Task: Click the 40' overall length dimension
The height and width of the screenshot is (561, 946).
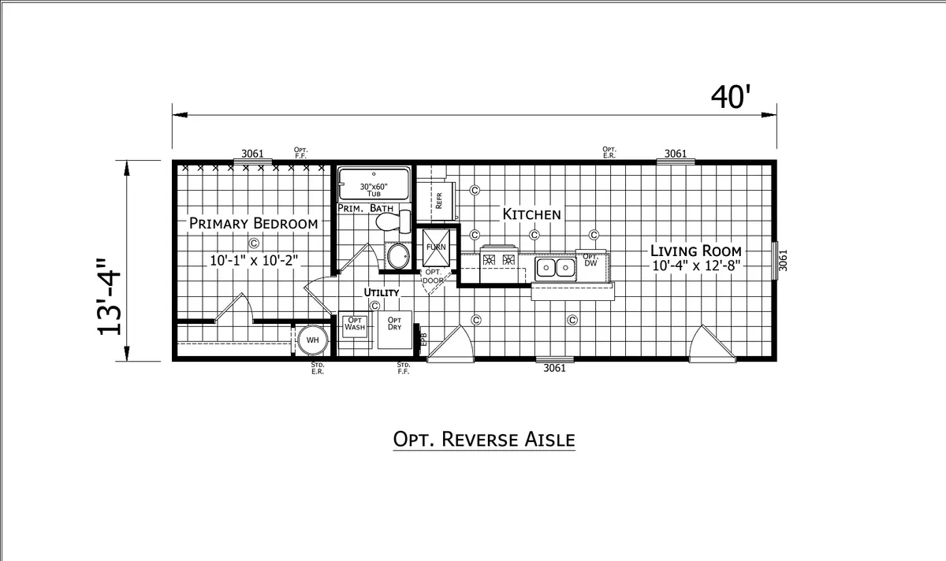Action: coord(731,97)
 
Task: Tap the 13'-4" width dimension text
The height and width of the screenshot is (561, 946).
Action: coord(109,297)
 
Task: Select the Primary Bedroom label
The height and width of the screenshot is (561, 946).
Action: coord(253,223)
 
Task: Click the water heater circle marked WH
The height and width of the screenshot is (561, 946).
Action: coord(312,340)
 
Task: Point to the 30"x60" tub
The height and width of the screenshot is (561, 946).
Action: coord(374,184)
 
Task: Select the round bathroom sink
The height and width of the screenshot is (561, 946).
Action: coord(398,256)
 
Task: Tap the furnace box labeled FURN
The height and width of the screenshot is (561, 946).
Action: coord(436,247)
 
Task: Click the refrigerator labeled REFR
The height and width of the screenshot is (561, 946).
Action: coord(436,201)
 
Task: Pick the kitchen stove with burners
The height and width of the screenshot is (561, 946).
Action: coord(499,263)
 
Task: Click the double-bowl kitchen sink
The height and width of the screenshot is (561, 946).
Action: coord(555,268)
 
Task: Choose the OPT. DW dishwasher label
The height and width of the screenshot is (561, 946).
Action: coord(590,260)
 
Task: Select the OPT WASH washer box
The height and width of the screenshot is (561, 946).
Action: coord(354,326)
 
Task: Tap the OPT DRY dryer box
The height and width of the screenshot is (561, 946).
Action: coord(394,329)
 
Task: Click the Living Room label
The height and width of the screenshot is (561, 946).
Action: coord(695,251)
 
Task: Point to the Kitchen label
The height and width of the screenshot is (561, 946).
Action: coord(531,214)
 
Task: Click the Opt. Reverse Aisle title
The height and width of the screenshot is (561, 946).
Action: coord(484,440)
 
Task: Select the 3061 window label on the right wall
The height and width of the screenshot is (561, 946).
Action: coord(783,261)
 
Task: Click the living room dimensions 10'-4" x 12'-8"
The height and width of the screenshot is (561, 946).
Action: coord(696,266)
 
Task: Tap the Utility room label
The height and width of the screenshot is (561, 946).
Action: coord(382,292)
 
